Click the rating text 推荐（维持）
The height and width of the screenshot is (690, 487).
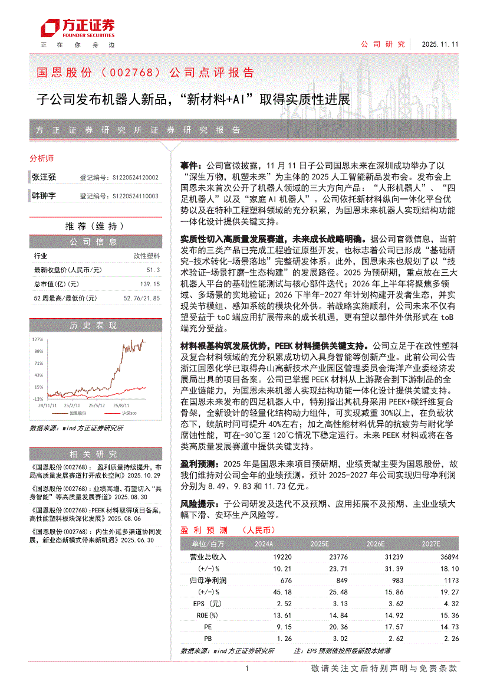tap(94, 226)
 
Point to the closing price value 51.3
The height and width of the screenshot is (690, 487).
tap(153, 270)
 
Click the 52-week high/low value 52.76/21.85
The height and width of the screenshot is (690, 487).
tap(142, 299)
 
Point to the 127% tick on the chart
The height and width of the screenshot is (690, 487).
tap(38, 339)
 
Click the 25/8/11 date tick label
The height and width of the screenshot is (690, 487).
tap(121, 406)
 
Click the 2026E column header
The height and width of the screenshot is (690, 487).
tap(375, 544)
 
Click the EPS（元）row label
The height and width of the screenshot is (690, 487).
tap(207, 603)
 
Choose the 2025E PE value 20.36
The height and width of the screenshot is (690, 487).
tap(321, 627)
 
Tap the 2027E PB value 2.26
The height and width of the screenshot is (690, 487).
tap(450, 638)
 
